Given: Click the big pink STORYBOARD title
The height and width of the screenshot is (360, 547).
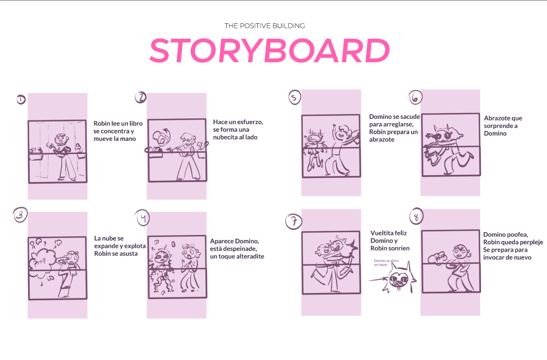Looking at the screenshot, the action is click(x=270, y=50).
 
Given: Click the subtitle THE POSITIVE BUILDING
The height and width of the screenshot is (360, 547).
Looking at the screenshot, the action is click(x=265, y=26).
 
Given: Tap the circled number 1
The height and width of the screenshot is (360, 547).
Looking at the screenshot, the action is click(x=21, y=100).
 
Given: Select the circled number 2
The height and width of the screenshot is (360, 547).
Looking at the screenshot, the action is click(x=141, y=97).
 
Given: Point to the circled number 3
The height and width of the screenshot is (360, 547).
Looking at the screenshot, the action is click(x=20, y=215).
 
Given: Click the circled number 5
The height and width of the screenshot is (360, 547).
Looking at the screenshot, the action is click(x=295, y=97).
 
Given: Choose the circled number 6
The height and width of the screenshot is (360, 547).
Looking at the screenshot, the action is click(x=415, y=97).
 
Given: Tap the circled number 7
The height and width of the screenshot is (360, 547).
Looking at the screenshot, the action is click(x=294, y=222).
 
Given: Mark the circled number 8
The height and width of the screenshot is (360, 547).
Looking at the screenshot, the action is click(x=417, y=216).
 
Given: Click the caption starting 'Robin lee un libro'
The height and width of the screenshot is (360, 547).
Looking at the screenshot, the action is click(x=118, y=131).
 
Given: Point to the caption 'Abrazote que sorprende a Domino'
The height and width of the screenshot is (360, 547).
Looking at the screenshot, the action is click(x=503, y=126).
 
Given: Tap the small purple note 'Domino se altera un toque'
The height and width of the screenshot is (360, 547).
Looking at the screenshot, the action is click(x=386, y=263).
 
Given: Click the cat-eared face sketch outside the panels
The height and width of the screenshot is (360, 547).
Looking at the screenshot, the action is click(x=399, y=278).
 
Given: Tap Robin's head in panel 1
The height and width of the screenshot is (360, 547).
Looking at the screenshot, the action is click(x=60, y=139).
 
